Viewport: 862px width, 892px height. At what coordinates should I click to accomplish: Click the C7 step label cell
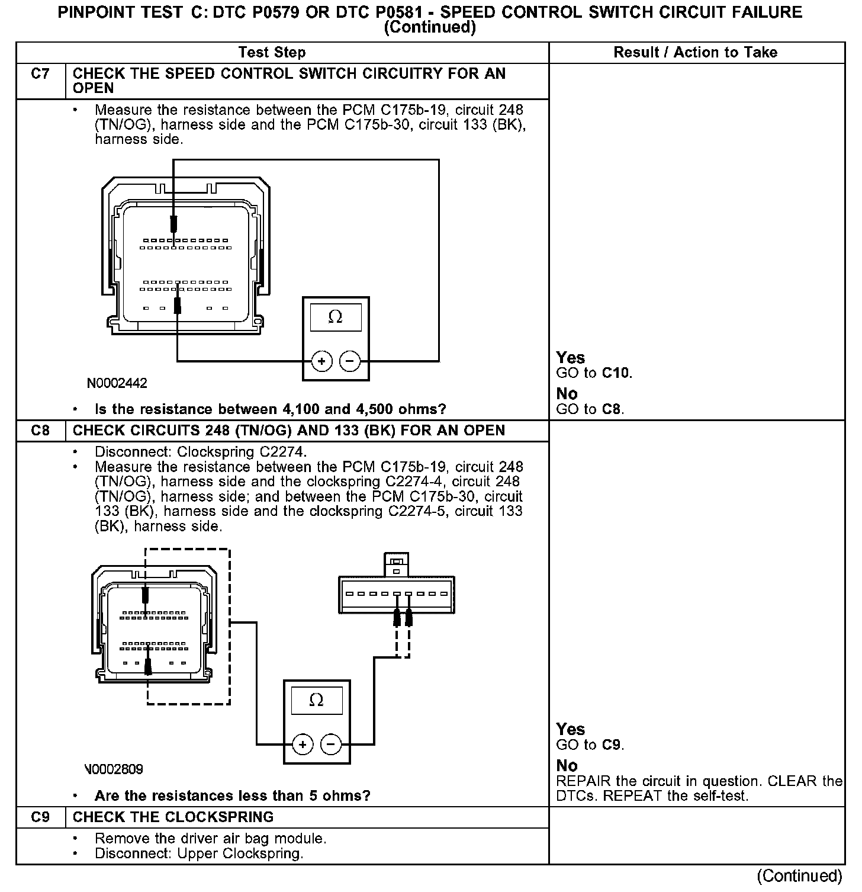point(40,74)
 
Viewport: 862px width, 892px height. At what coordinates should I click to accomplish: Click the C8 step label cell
point(40,431)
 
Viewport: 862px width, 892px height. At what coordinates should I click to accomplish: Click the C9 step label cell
point(40,817)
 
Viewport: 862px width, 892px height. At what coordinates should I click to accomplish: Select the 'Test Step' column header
point(272,52)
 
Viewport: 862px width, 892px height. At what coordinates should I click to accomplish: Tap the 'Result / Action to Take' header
point(695,52)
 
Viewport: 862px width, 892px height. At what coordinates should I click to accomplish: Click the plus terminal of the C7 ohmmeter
point(321,361)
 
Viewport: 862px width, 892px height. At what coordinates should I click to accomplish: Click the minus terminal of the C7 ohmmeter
point(350,361)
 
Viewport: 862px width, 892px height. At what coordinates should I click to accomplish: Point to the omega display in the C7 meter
point(335,317)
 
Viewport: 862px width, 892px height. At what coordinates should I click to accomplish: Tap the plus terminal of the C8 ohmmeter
point(302,744)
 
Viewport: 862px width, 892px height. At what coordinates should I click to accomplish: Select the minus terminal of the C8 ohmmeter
point(330,744)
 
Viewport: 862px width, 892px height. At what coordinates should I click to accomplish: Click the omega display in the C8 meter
point(316,700)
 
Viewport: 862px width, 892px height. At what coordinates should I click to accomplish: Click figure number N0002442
point(117,383)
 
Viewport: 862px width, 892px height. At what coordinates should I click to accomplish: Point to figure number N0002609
point(114,769)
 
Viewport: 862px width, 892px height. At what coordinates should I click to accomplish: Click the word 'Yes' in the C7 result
point(570,358)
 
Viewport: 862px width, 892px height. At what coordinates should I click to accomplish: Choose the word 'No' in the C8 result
point(567,765)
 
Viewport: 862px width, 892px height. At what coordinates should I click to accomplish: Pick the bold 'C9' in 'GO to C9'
point(612,745)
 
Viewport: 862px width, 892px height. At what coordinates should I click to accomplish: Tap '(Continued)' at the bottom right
point(799,875)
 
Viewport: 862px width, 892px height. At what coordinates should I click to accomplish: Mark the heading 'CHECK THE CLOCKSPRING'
point(173,817)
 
